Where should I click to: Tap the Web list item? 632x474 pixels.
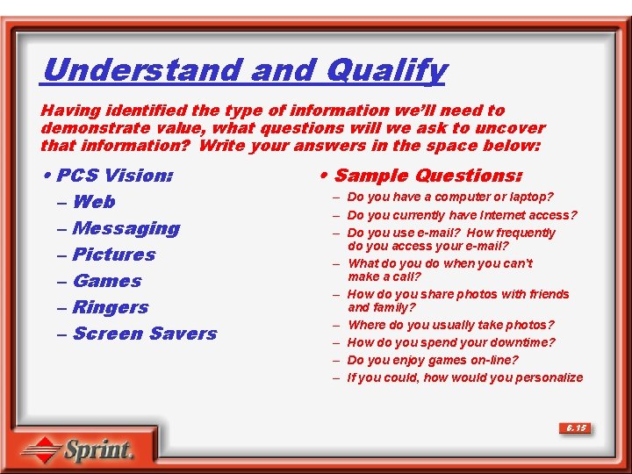[x=94, y=202]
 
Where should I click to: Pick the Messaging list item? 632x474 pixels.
[x=126, y=228]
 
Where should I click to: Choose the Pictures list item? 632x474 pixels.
[x=114, y=255]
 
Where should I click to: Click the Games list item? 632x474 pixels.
[x=107, y=281]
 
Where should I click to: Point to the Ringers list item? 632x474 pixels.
[x=111, y=307]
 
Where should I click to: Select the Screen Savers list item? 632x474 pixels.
[x=145, y=334]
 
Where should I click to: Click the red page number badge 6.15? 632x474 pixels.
[x=575, y=428]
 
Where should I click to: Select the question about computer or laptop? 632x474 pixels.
[x=450, y=197]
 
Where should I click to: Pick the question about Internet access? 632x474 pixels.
[x=462, y=215]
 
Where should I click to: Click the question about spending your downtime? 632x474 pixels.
[x=451, y=342]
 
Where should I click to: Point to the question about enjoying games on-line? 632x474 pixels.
[x=433, y=360]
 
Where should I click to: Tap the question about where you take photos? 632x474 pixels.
[x=450, y=325]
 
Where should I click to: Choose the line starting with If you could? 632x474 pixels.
[x=464, y=377]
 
